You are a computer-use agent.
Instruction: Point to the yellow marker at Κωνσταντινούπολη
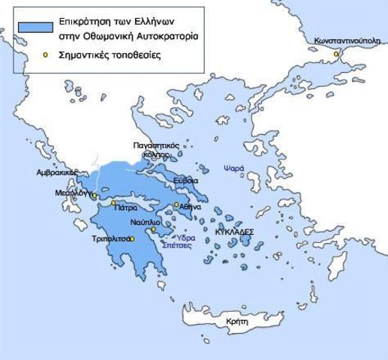coord(337,53)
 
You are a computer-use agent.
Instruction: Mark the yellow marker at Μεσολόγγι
coord(94,196)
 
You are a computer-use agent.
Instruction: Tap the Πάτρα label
coord(126,208)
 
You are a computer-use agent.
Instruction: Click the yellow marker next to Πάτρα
coord(113,202)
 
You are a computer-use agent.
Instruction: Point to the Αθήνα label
coord(191,206)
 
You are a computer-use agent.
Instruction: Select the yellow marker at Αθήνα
coord(177,204)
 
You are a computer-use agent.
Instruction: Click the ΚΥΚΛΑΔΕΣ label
coord(234,232)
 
